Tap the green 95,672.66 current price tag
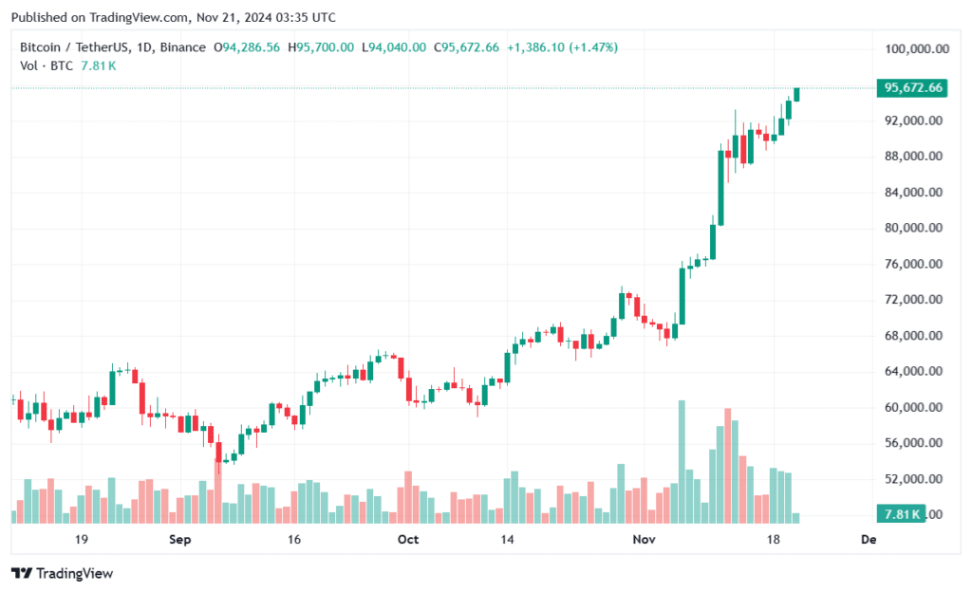[912, 88]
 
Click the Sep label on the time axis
[179, 539]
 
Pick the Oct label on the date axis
[408, 539]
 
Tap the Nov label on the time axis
[645, 539]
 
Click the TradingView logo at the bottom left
[63, 573]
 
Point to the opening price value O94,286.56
[247, 47]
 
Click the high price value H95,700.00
[322, 47]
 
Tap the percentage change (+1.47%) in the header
[594, 47]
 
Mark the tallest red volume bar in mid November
[727, 466]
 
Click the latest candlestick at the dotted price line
[796, 94]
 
